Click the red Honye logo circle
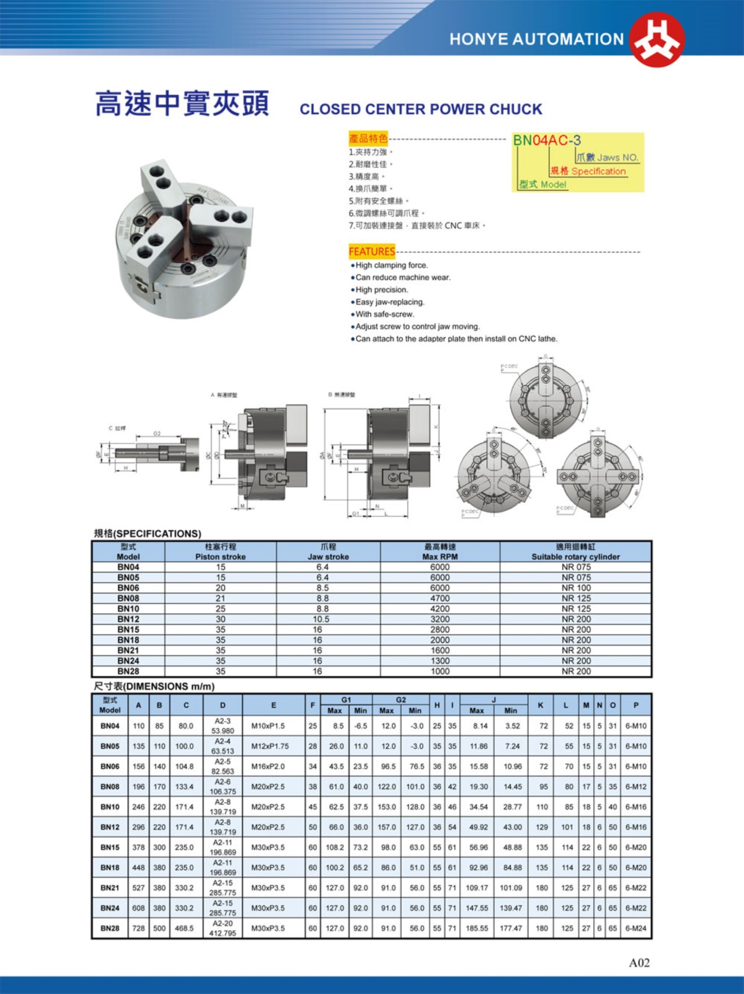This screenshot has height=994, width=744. click(657, 38)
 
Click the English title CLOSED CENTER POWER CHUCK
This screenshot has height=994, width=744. click(421, 109)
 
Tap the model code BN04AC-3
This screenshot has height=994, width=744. click(546, 140)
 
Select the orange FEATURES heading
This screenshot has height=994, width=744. click(372, 251)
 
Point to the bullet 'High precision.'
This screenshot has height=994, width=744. click(381, 290)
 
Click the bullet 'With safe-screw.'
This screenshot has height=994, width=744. click(384, 314)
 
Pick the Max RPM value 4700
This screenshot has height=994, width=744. click(440, 598)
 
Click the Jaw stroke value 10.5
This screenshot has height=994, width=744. click(321, 619)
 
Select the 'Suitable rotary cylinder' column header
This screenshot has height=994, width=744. click(575, 556)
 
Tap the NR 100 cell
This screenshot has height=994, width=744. click(576, 588)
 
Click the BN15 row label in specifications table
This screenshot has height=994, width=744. click(128, 629)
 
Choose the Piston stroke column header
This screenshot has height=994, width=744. click(220, 556)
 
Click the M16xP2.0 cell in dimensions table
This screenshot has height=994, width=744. click(268, 766)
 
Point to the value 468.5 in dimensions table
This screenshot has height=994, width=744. click(184, 928)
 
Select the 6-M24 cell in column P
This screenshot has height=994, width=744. click(635, 928)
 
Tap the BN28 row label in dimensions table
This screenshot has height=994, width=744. click(110, 928)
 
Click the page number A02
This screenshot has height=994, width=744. click(639, 962)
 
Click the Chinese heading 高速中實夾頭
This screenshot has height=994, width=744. click(182, 104)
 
